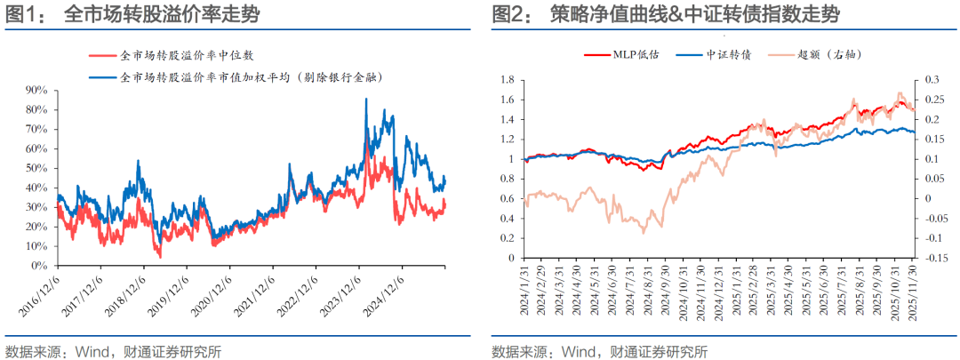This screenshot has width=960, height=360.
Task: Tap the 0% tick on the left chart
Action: tap(39, 266)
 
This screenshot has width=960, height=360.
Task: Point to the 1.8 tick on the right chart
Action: tap(506, 80)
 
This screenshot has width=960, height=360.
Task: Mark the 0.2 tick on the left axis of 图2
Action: tap(506, 238)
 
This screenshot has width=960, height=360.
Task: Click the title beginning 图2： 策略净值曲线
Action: tap(666, 15)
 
